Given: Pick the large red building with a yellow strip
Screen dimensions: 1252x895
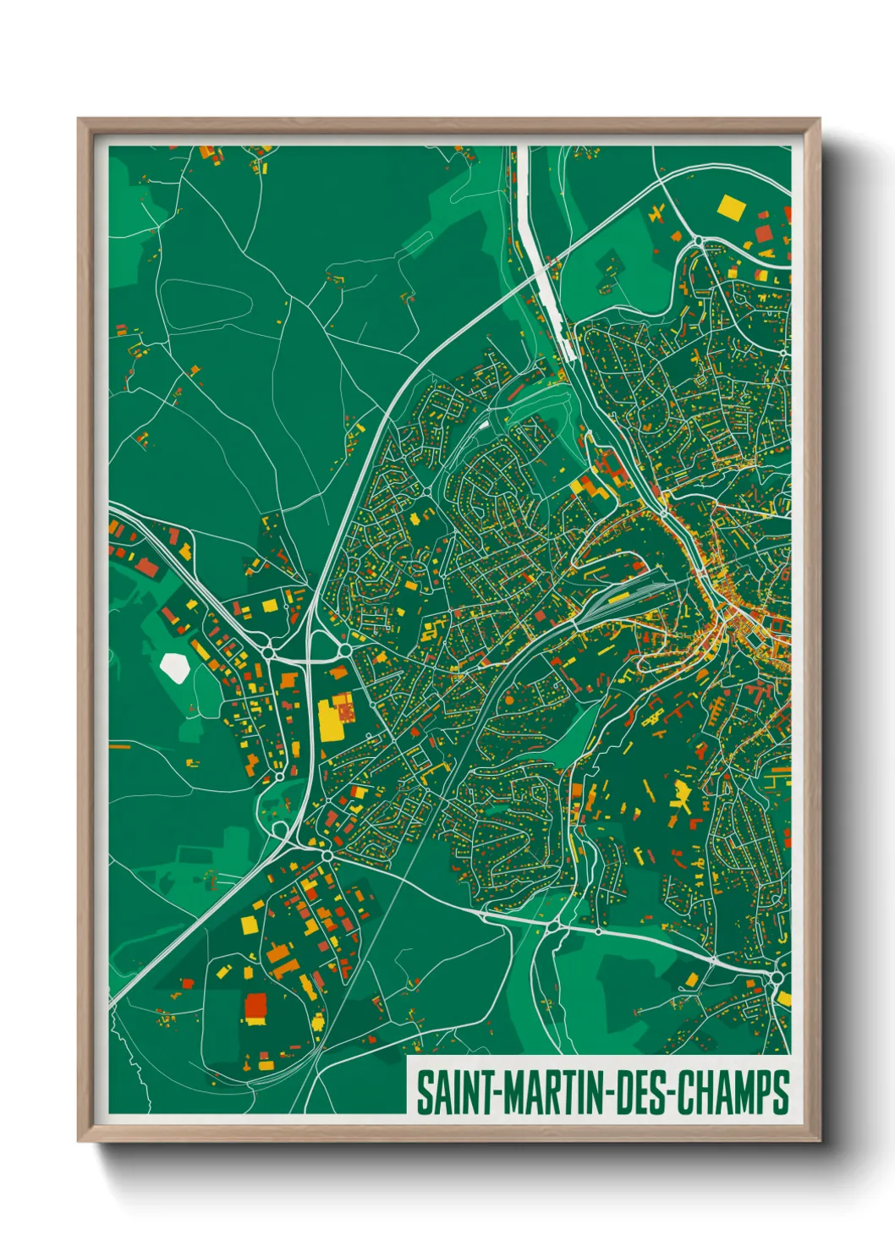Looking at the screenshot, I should pyautogui.click(x=255, y=1007).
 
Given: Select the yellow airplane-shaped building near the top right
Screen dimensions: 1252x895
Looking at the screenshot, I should pyautogui.click(x=656, y=213).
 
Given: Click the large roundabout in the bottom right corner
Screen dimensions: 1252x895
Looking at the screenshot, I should pyautogui.click(x=777, y=979).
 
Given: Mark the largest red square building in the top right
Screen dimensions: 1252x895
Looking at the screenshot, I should pyautogui.click(x=764, y=234).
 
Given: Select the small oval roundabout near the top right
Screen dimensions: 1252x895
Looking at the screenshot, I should pyautogui.click(x=698, y=241).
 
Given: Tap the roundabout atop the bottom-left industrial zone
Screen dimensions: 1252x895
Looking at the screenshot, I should pyautogui.click(x=327, y=855).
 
